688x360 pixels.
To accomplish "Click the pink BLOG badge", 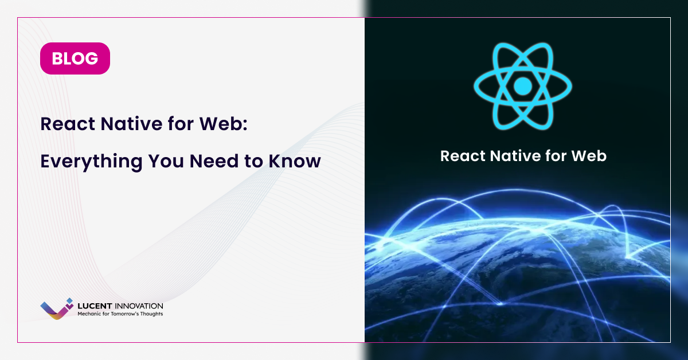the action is point(75,58).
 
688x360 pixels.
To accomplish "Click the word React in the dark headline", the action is point(68,124).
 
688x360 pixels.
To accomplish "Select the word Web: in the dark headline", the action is point(223,124).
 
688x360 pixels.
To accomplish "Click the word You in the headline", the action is point(166,161).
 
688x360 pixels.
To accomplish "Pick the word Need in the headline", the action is point(214,161).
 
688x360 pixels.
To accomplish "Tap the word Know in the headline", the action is point(295,161).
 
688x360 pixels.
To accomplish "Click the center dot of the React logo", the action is point(523,87).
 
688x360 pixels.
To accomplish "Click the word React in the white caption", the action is point(462,156).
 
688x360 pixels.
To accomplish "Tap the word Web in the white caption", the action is point(589,156).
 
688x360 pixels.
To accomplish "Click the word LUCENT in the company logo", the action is point(95,306).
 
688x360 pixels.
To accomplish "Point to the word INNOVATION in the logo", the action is point(139,306).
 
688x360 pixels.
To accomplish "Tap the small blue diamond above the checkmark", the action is point(70,301).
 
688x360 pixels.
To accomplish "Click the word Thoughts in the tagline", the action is point(151,314).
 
